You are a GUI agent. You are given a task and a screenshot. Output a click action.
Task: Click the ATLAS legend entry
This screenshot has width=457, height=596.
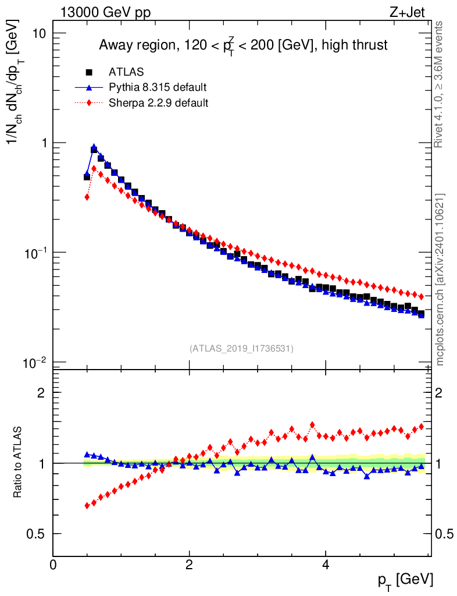pyautogui.click(x=126, y=72)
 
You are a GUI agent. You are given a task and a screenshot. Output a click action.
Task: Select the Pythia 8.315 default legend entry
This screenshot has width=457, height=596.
pyautogui.click(x=157, y=87)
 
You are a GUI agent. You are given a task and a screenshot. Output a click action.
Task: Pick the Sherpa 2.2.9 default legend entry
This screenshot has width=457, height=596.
pyautogui.click(x=158, y=102)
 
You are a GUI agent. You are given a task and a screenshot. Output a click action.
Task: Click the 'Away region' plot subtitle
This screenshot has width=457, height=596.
pyautogui.click(x=243, y=44)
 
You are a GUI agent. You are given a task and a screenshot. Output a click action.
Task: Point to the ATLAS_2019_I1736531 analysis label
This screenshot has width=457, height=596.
pyautogui.click(x=241, y=349)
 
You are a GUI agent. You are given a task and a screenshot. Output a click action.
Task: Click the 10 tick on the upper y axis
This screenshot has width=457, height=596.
pyautogui.click(x=39, y=33)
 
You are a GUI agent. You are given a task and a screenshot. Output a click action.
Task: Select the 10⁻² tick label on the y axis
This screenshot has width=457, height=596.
pyautogui.click(x=34, y=363)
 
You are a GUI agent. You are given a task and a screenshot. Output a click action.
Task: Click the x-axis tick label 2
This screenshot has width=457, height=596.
pyautogui.click(x=190, y=565)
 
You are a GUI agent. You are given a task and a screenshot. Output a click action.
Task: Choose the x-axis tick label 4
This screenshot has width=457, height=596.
pyautogui.click(x=326, y=565)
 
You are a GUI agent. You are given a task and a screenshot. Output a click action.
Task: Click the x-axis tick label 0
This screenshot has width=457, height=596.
pyautogui.click(x=53, y=565)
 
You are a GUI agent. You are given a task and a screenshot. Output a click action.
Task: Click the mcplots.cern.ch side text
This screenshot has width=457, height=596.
pyautogui.click(x=440, y=279)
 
